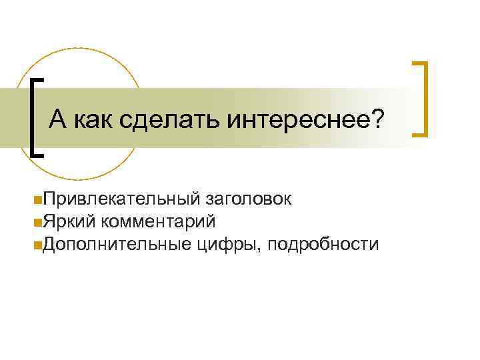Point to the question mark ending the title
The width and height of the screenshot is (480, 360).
[378, 121]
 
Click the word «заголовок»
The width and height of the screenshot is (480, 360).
[248, 198]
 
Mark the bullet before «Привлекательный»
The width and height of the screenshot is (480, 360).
[34, 199]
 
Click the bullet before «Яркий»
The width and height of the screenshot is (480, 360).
[34, 221]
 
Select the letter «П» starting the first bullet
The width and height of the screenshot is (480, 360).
[43, 198]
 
